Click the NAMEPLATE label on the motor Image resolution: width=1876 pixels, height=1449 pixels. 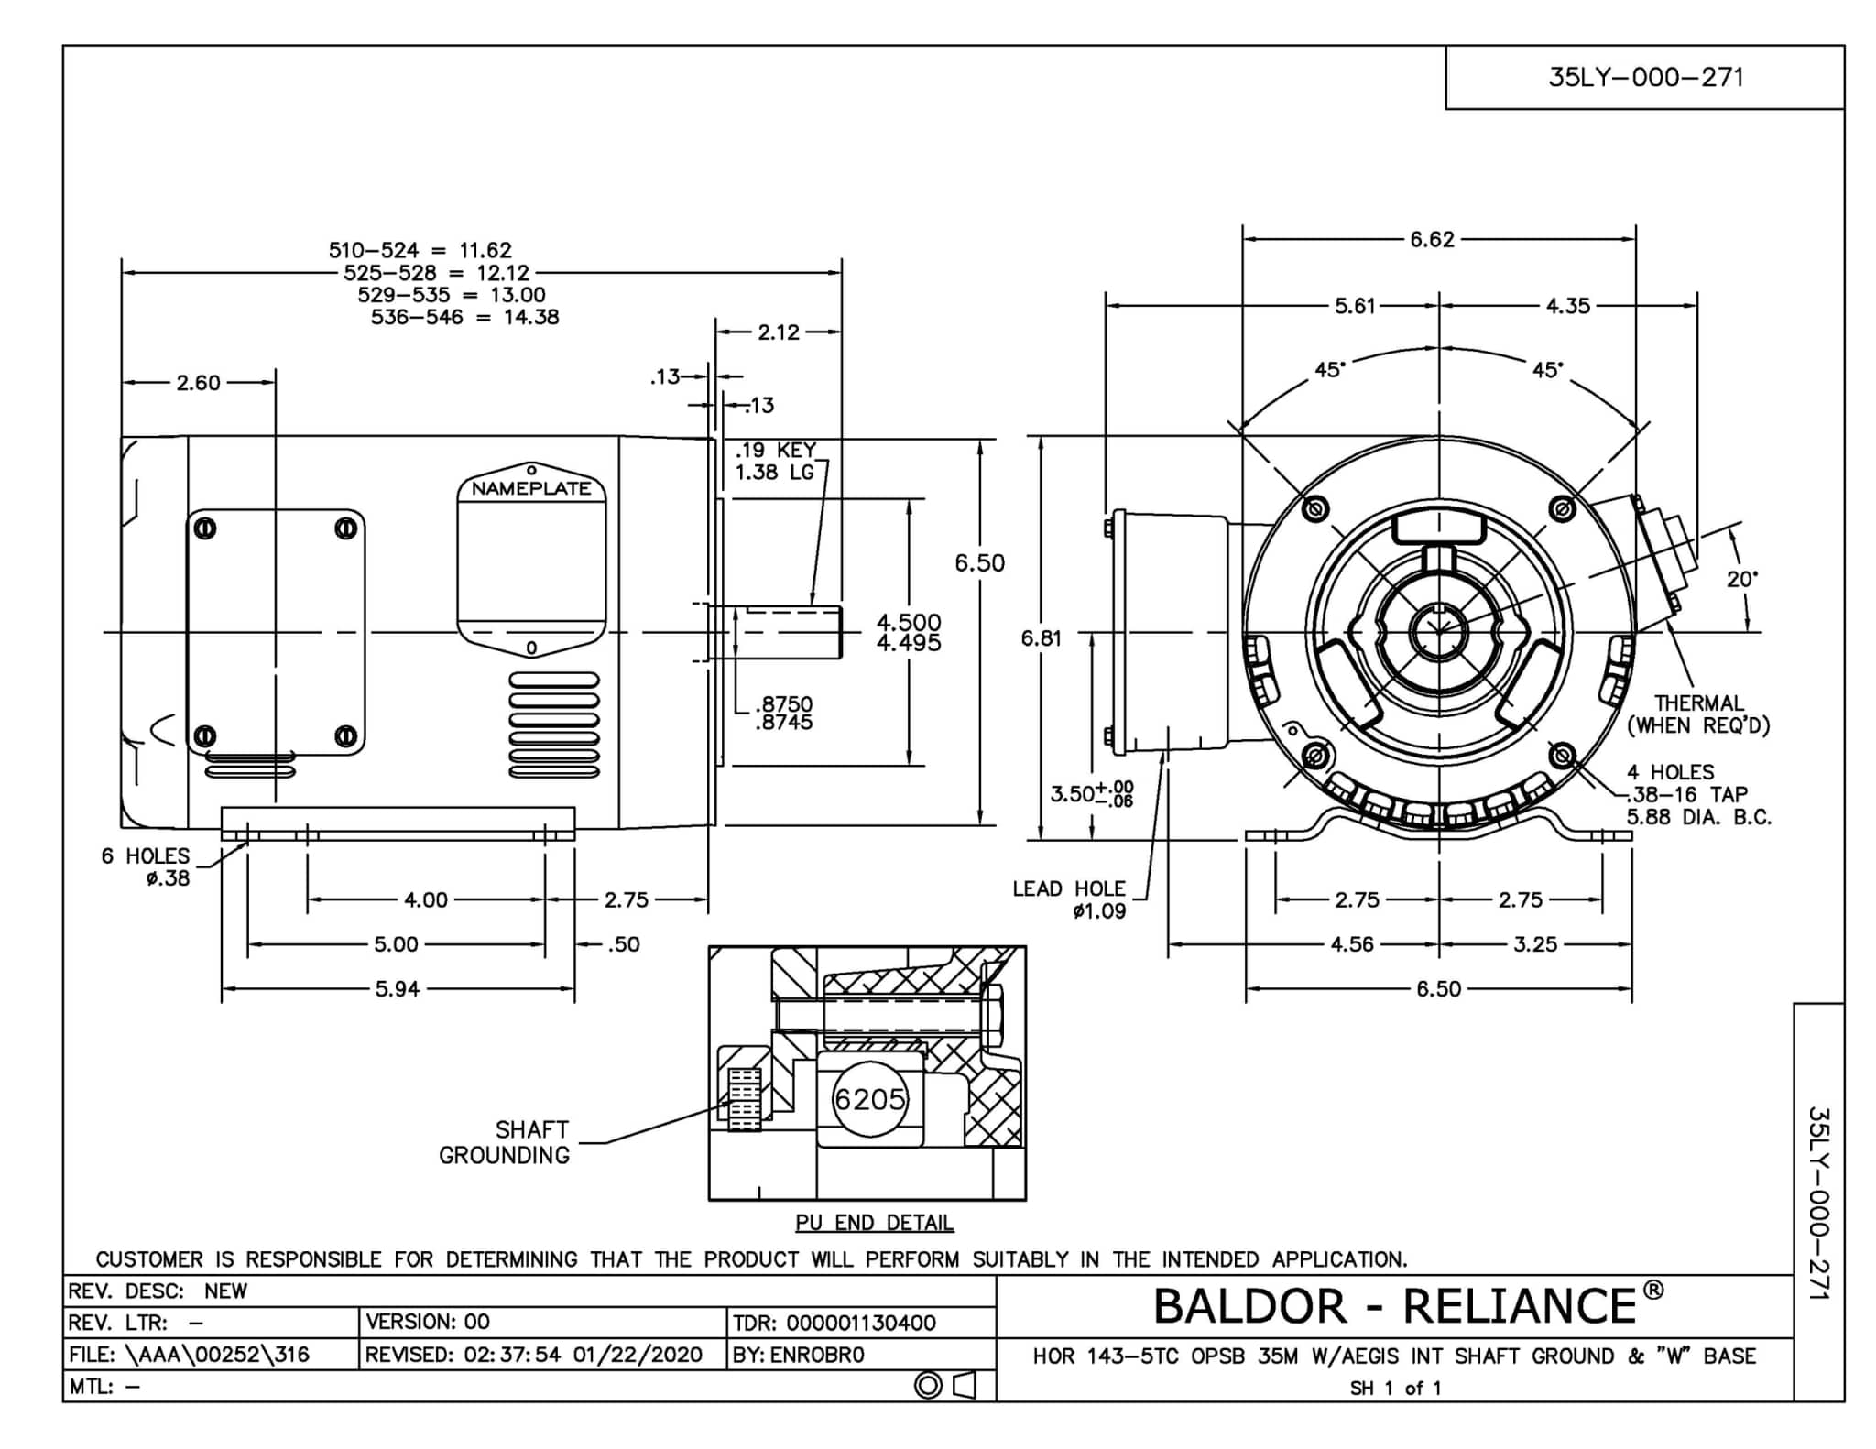(531, 489)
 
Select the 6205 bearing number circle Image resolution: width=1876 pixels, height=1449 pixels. (868, 1099)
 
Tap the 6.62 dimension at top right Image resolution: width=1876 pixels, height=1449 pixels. (1432, 240)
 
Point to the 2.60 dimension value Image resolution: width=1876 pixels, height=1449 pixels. (198, 383)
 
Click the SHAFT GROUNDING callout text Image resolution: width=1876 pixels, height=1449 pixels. (505, 1142)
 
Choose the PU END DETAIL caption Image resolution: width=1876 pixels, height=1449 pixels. (875, 1223)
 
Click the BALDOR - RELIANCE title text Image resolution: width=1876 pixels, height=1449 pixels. (1394, 1306)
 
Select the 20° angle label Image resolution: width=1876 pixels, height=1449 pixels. (1740, 580)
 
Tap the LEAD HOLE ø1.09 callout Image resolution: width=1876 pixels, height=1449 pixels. (1069, 899)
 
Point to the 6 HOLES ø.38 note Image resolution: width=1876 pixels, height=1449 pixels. (146, 866)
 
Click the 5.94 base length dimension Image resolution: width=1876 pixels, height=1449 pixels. (398, 989)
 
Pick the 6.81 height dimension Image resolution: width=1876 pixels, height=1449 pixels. (1041, 638)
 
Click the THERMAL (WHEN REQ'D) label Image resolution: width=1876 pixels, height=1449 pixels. (1698, 714)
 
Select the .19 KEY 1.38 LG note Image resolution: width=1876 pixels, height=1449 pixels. (775, 461)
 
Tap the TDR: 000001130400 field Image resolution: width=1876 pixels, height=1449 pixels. (834, 1323)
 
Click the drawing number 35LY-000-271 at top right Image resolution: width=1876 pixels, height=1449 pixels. (1645, 78)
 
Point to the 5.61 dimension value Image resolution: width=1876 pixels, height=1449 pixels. (1355, 306)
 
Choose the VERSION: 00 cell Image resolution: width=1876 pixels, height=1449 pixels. (428, 1322)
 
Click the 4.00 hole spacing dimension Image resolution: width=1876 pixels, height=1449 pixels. (426, 900)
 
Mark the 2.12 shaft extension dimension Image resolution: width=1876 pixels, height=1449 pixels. (779, 332)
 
